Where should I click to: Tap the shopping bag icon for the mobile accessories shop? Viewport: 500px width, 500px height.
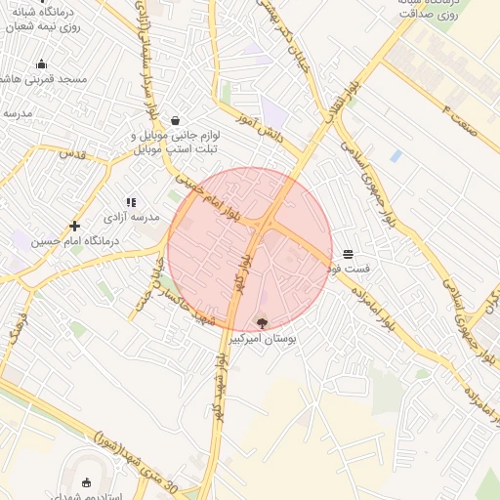pyautogui.click(x=175, y=120)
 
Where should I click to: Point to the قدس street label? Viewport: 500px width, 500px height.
pyautogui.click(x=73, y=153)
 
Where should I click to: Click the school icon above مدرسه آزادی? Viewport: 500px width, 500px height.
pyautogui.click(x=131, y=201)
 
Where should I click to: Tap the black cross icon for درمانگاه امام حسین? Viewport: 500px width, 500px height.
pyautogui.click(x=74, y=227)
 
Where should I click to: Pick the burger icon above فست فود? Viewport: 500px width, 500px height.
pyautogui.click(x=349, y=253)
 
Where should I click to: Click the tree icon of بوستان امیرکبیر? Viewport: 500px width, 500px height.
pyautogui.click(x=261, y=322)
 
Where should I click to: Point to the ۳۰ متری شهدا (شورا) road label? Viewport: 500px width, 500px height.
pyautogui.click(x=137, y=459)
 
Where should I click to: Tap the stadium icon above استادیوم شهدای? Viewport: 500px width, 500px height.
pyautogui.click(x=86, y=481)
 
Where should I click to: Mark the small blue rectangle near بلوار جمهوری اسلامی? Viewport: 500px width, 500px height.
pyautogui.click(x=396, y=155)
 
